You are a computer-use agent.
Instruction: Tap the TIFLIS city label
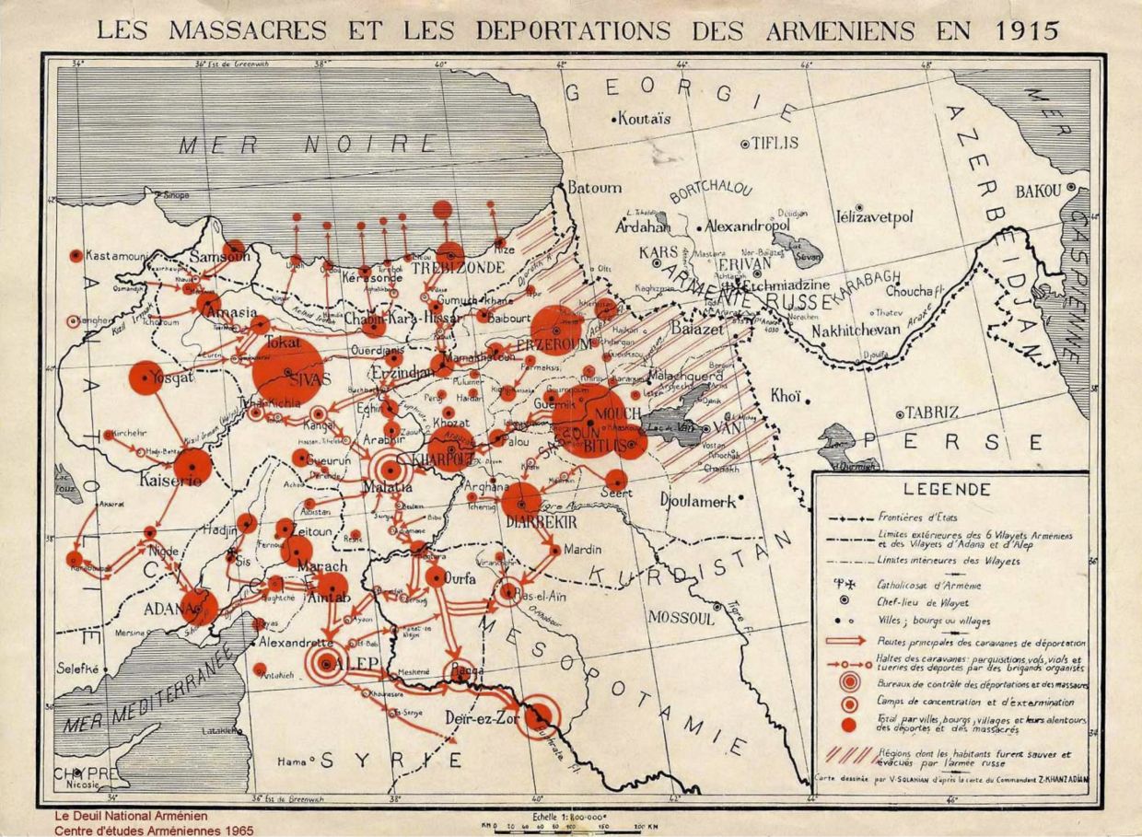(775, 144)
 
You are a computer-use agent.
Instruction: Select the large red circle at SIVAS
(287, 371)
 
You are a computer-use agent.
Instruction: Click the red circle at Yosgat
(146, 378)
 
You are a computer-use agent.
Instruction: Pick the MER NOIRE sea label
(309, 144)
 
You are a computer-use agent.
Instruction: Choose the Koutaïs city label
(645, 118)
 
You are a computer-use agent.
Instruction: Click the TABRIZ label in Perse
(932, 412)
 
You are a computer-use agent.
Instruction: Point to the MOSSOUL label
(682, 617)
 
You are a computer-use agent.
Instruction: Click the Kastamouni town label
(117, 254)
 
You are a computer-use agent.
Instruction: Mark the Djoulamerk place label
(697, 501)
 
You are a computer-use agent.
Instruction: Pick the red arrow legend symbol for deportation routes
(845, 641)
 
